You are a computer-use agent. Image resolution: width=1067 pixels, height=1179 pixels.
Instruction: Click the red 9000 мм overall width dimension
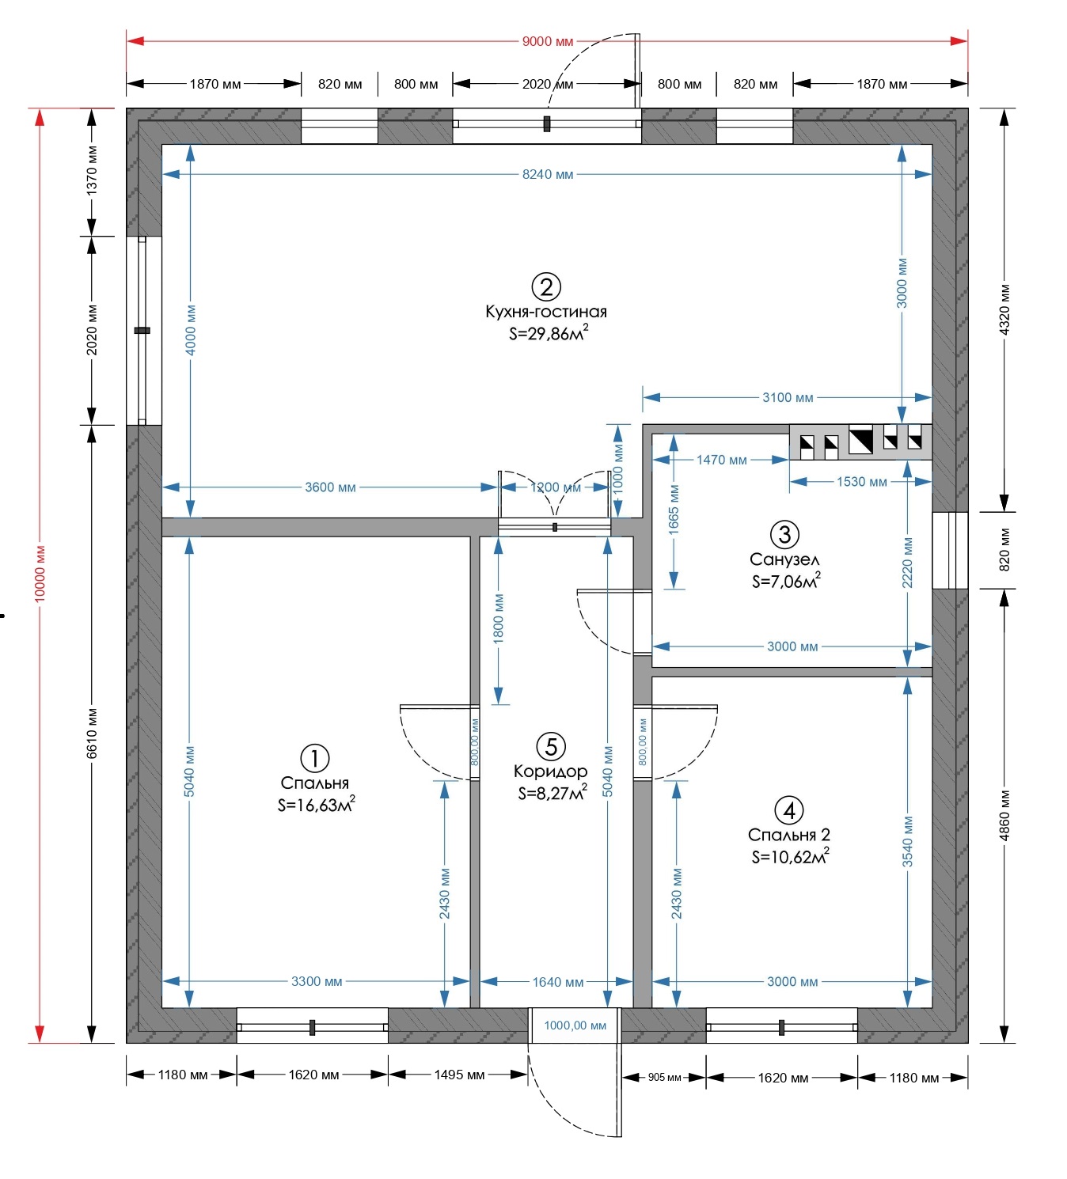[548, 41]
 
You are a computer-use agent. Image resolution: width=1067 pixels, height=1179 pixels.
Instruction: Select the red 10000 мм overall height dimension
[40, 573]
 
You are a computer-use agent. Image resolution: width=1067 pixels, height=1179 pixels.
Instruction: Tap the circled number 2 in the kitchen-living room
[546, 286]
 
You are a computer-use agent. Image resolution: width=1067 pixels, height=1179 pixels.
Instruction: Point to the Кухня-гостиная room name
[546, 312]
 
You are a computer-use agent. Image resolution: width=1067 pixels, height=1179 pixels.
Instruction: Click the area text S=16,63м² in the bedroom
[317, 805]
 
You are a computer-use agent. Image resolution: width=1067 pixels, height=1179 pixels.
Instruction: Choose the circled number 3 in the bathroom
[784, 534]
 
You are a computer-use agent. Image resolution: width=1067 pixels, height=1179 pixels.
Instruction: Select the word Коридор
[551, 771]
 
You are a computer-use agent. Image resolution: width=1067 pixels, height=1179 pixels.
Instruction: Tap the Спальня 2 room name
[789, 835]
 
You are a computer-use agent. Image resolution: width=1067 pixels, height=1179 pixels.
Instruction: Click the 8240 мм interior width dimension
[548, 175]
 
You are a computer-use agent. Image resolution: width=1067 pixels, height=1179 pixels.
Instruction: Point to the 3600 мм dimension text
[330, 487]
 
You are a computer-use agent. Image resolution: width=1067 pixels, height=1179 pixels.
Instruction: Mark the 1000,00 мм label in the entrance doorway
[575, 1025]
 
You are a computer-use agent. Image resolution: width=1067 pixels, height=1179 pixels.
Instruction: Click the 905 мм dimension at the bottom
[665, 1078]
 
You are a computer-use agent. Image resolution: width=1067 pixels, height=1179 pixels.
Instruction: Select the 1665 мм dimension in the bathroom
[674, 509]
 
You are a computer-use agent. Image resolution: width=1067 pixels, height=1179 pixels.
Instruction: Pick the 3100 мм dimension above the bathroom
[788, 398]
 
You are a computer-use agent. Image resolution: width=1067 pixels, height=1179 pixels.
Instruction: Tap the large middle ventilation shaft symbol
[860, 440]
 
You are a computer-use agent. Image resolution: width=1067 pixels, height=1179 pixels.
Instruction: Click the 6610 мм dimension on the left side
[92, 733]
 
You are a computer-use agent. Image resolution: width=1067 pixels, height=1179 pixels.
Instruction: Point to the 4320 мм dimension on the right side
[1004, 309]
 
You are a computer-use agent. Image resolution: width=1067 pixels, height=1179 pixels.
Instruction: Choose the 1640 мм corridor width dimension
[557, 982]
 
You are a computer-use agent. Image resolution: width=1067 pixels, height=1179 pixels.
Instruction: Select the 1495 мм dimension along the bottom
[459, 1075]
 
